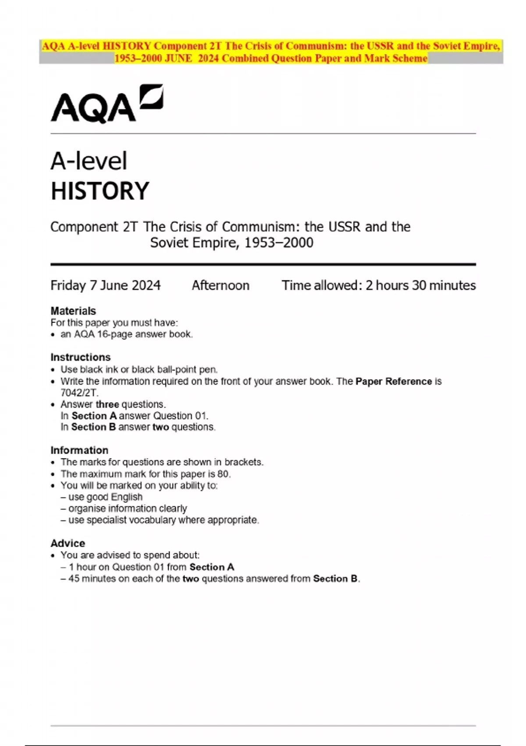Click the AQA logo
click(x=107, y=104)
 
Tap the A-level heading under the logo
click(x=89, y=161)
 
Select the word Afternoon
click(x=220, y=286)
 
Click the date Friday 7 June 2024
click(x=105, y=286)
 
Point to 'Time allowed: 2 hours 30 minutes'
click(x=378, y=286)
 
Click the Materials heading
click(x=73, y=311)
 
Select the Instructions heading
click(x=80, y=357)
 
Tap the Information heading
click(x=79, y=450)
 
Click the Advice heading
click(x=68, y=543)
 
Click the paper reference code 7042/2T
click(x=79, y=393)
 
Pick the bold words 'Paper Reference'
click(x=394, y=381)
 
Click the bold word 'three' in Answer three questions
click(x=107, y=404)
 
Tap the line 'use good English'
click(x=105, y=497)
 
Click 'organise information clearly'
click(x=128, y=508)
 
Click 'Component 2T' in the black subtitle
click(x=94, y=227)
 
